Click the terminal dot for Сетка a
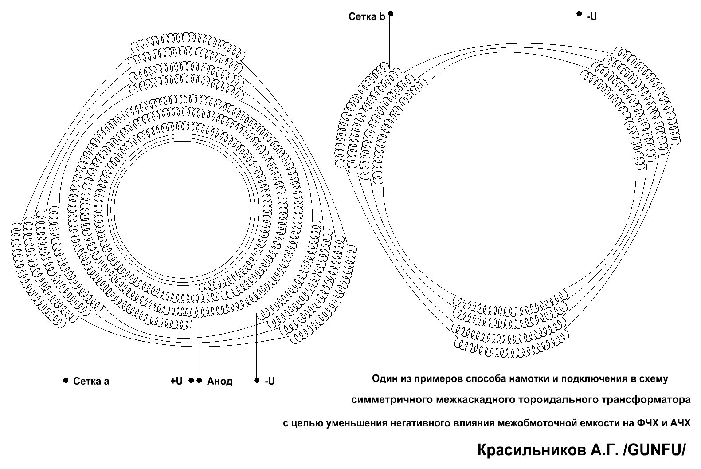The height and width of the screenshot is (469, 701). point(66,380)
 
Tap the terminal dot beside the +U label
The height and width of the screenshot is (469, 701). point(192,380)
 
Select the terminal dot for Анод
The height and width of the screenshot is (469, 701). point(200,380)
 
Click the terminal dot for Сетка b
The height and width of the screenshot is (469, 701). point(391,13)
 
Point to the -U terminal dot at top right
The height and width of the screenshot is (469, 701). point(579,13)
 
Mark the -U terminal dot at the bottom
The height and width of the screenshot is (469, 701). point(257,380)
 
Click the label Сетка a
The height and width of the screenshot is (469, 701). point(91,381)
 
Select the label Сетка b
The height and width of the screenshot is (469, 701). point(367,16)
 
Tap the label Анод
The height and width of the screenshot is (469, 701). point(219,381)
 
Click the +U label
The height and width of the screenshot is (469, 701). point(176,381)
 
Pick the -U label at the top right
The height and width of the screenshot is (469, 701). point(592,16)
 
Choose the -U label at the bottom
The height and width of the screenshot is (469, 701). point(270,381)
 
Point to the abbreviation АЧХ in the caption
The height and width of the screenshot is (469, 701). point(680,423)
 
